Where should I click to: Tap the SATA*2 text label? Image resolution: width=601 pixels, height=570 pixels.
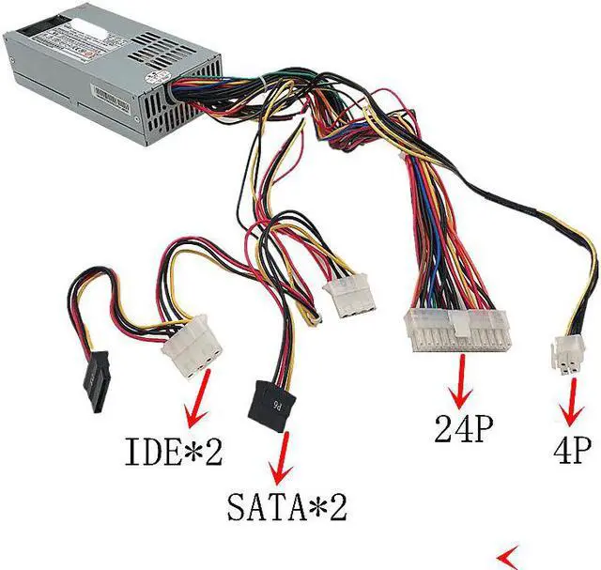(286, 507)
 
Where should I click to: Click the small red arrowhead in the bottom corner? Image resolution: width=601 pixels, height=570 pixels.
(513, 552)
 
